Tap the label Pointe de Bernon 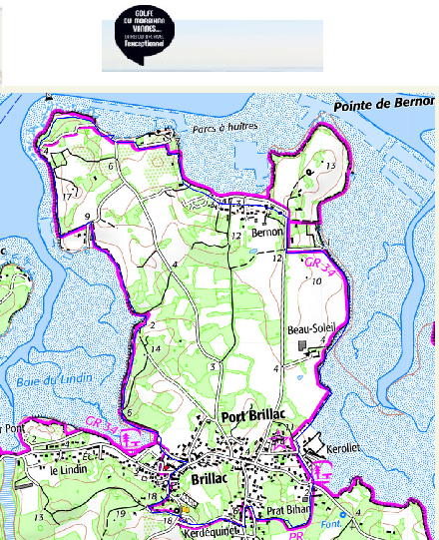(385, 104)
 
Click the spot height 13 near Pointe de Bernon (330, 166)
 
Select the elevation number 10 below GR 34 (315, 282)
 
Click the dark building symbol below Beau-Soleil (302, 344)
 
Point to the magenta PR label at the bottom (294, 534)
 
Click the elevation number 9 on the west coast (88, 216)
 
